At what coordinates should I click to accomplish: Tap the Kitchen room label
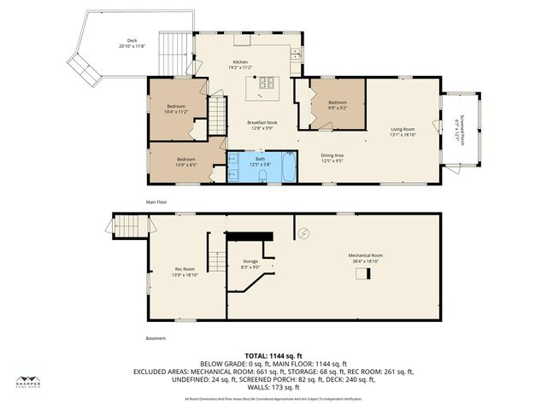click(240, 63)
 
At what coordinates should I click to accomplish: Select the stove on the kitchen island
click(264, 83)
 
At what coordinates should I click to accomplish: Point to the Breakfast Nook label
click(260, 125)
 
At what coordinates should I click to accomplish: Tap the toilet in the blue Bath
click(263, 177)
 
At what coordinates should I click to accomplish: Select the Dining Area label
click(332, 157)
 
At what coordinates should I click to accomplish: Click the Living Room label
click(402, 132)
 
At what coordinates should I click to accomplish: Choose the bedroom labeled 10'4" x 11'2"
click(176, 108)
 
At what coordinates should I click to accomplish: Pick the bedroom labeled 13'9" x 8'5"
click(186, 161)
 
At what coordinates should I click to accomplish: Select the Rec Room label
click(185, 271)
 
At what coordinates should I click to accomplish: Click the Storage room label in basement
click(250, 264)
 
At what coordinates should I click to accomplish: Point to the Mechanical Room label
click(365, 258)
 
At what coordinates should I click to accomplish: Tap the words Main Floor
click(156, 202)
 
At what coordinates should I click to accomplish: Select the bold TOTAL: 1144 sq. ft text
click(273, 355)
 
